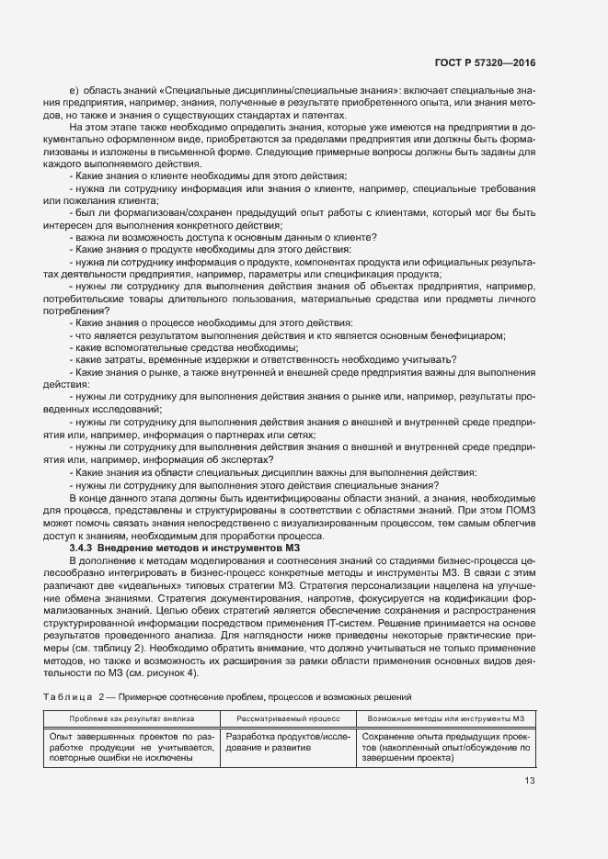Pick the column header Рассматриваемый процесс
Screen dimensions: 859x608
click(289, 718)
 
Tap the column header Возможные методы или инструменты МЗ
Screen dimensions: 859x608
click(445, 718)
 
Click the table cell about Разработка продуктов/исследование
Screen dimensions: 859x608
click(289, 742)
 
